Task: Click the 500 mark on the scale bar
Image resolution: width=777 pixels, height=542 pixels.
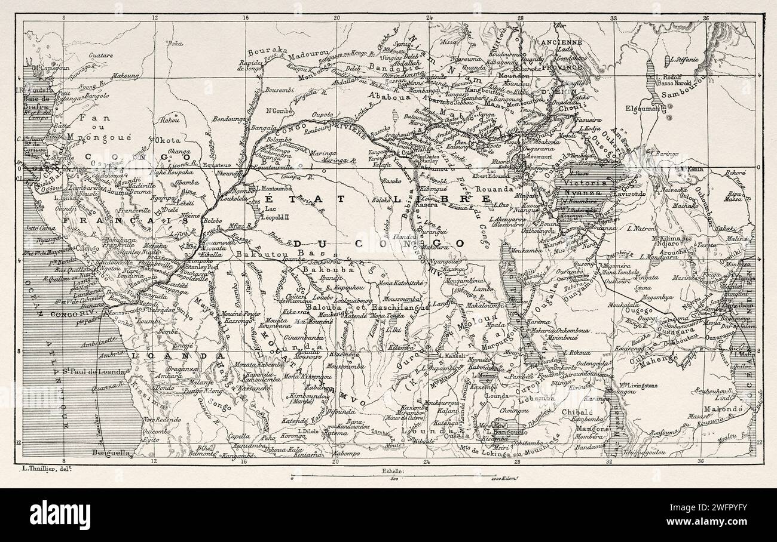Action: [394, 479]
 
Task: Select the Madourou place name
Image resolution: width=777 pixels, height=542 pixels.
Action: [307, 53]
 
